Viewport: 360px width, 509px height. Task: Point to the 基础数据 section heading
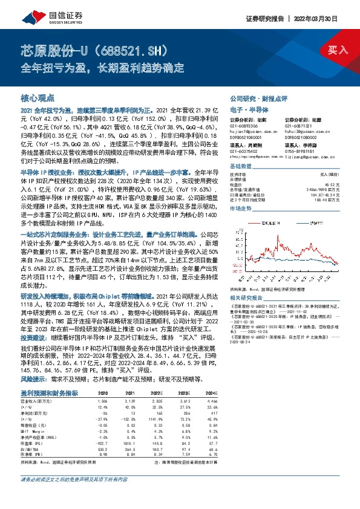pyautogui.click(x=241, y=166)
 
